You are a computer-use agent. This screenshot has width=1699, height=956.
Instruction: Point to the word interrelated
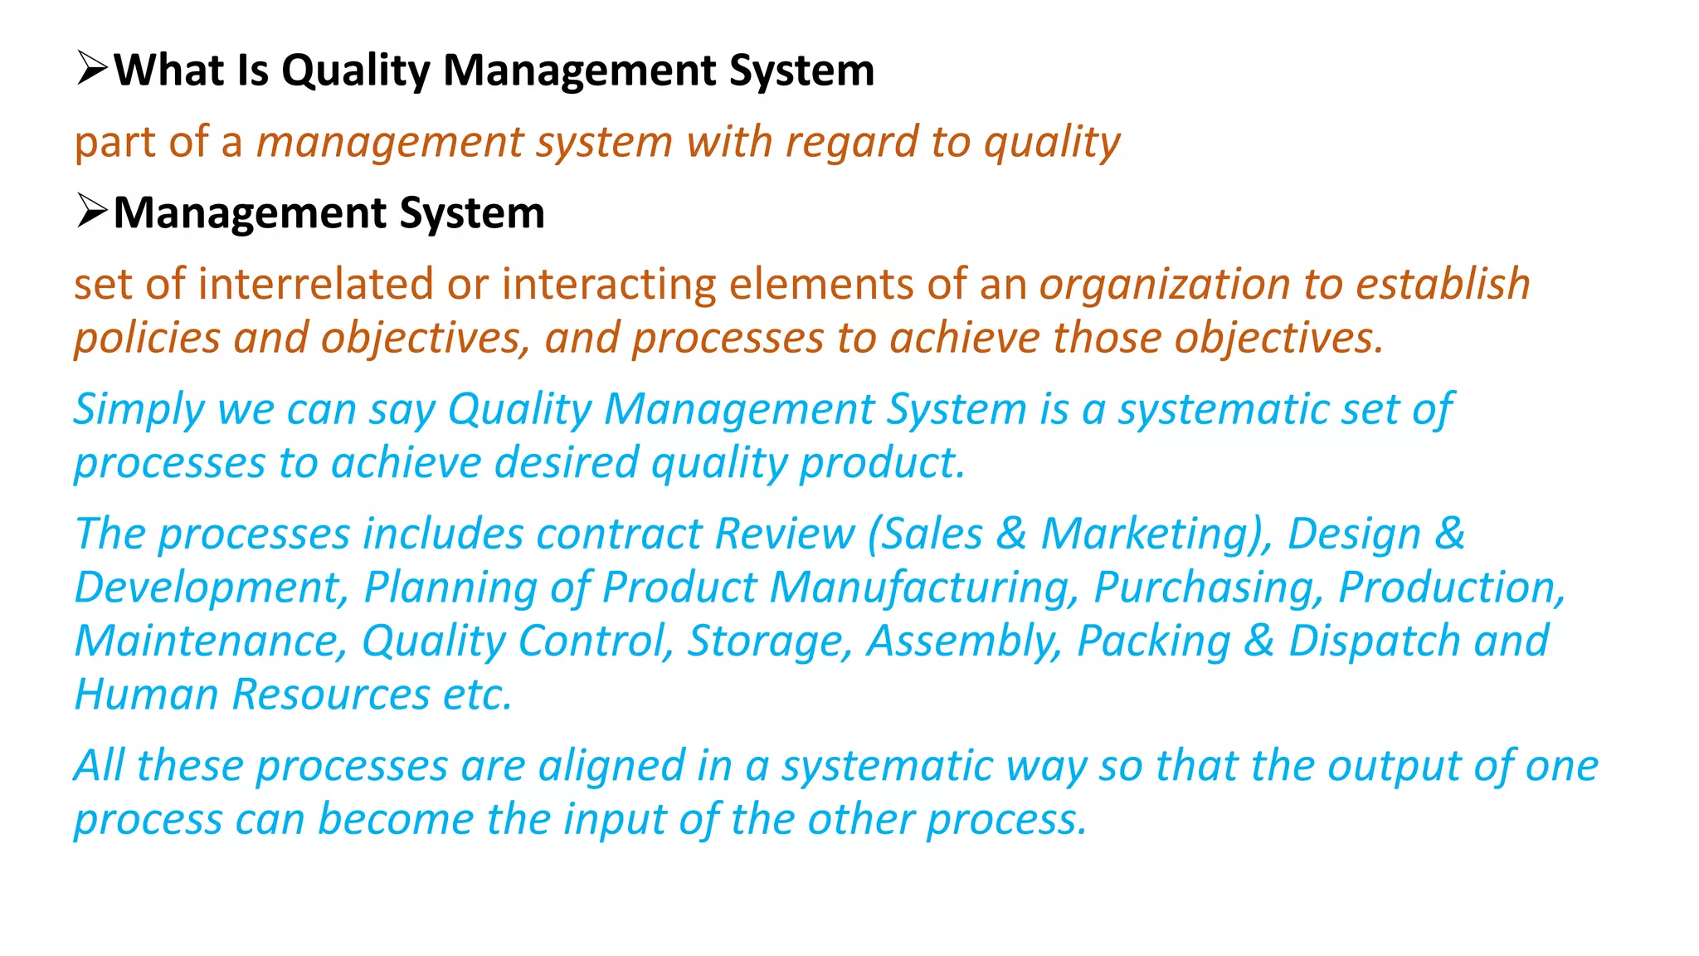tap(316, 284)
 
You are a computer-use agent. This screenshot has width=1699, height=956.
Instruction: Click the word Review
tap(784, 534)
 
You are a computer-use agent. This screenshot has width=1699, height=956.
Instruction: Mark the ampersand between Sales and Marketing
tap(1011, 534)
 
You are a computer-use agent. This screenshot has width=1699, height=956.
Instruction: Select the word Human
tap(146, 695)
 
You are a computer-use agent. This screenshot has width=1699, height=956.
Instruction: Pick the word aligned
tap(611, 766)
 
